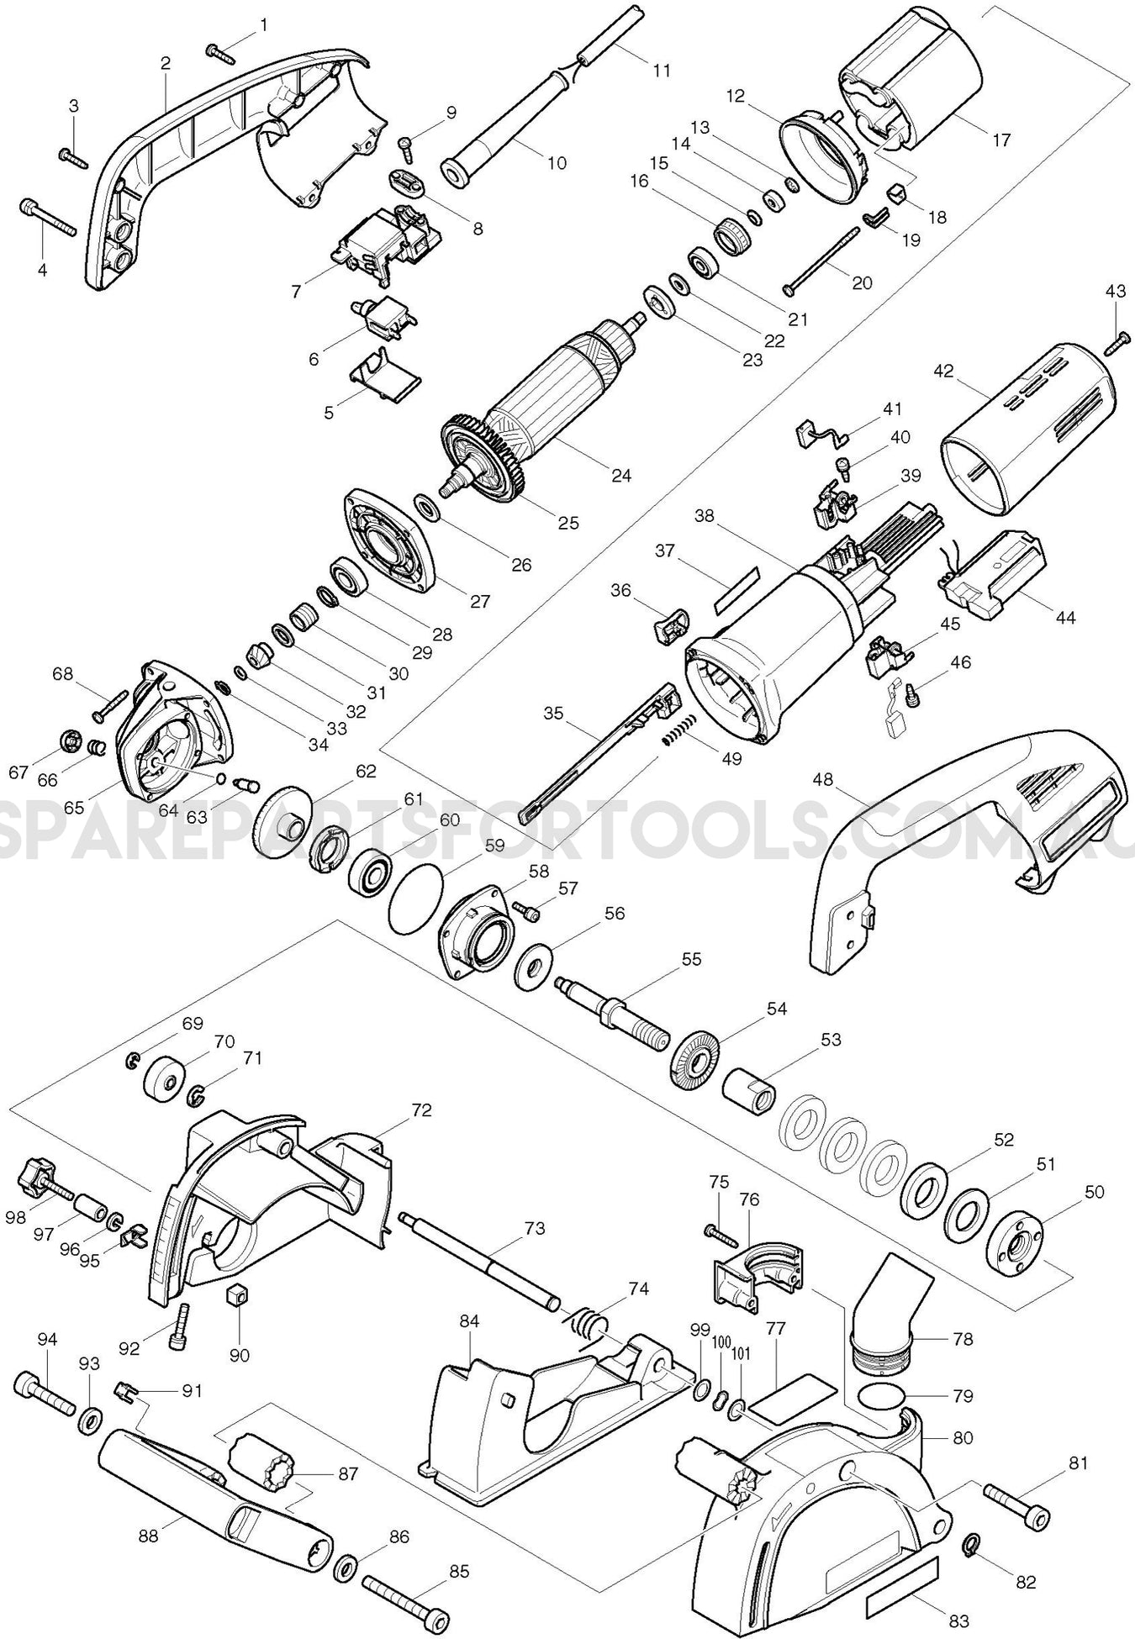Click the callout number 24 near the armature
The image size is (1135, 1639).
pos(621,475)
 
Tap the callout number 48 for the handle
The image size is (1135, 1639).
pos(823,779)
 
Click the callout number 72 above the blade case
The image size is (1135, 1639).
pos(421,1110)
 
